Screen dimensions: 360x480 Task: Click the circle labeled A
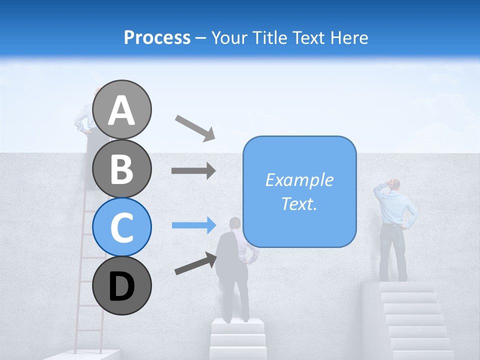pyautogui.click(x=121, y=109)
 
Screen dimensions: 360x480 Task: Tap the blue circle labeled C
pyautogui.click(x=121, y=227)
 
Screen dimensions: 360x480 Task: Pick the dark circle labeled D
pyautogui.click(x=121, y=285)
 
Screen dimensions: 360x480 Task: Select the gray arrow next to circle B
pyautogui.click(x=193, y=170)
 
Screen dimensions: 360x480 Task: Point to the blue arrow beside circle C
pyautogui.click(x=193, y=225)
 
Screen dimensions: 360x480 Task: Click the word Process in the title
pyautogui.click(x=157, y=37)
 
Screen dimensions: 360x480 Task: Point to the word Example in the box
pyautogui.click(x=299, y=180)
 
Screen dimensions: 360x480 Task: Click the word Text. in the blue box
pyautogui.click(x=299, y=203)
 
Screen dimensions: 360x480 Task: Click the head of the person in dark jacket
pyautogui.click(x=234, y=223)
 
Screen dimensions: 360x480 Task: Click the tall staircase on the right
pyautogui.click(x=412, y=320)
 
